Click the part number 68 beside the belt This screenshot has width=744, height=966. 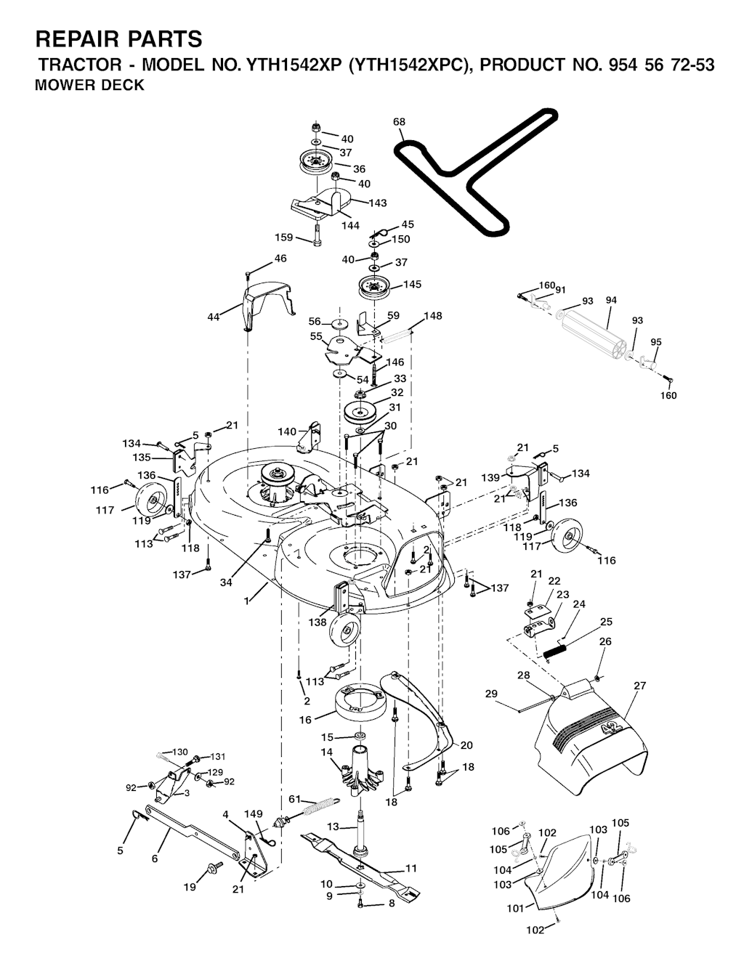coord(399,122)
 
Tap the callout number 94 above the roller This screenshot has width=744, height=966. coord(611,300)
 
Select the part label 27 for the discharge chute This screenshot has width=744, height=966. coord(639,686)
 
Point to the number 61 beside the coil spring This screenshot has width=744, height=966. coord(295,799)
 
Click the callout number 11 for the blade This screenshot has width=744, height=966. coord(411,868)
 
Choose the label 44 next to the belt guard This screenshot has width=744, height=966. coord(214,317)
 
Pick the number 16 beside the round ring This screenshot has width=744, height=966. coord(305,720)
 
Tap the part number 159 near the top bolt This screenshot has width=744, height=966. coord(284,238)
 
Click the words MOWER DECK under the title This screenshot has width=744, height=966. coord(89,84)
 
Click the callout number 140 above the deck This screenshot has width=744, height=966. coord(287,431)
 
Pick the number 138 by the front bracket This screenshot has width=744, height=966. coord(318,622)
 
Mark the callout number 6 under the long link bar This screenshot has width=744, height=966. coord(155,859)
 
